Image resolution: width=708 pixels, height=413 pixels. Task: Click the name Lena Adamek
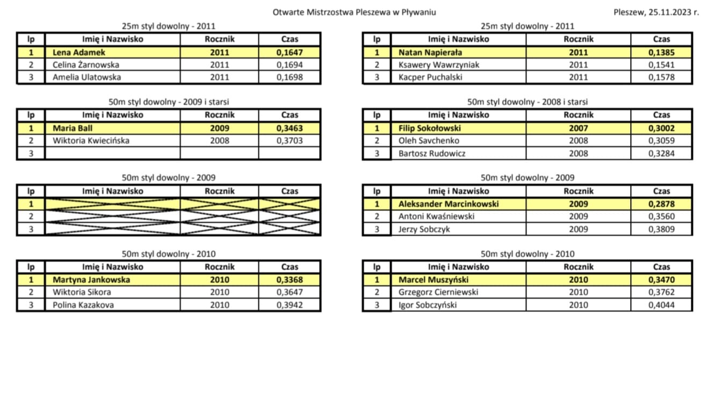coord(78,53)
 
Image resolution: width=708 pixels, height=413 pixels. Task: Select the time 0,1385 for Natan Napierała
coord(661,53)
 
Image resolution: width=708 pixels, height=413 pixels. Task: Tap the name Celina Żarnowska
coord(86,65)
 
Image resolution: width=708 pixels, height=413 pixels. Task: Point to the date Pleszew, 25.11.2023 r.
coord(656,12)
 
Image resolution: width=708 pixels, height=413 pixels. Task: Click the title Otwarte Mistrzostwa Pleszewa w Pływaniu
coord(354,12)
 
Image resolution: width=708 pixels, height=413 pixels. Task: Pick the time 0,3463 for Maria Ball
coord(290,128)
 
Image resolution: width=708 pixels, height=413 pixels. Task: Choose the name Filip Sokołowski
coord(430,128)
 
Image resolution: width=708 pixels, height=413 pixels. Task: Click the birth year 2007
coord(578,128)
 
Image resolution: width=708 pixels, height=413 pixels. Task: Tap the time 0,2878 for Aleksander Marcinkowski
coord(661,204)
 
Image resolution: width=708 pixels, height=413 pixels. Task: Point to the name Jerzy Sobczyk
coord(424,229)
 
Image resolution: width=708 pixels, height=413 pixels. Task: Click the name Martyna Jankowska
coord(91,279)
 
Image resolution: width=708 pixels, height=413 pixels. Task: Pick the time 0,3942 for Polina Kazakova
coord(290,305)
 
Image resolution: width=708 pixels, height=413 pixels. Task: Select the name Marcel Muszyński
coord(434,279)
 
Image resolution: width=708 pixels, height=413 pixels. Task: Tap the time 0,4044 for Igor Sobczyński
coord(661,305)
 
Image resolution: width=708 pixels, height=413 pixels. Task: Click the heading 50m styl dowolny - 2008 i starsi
coord(527,102)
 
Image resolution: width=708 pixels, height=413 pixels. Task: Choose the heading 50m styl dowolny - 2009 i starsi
coord(169,102)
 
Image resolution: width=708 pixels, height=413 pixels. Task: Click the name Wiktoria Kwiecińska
coord(91,141)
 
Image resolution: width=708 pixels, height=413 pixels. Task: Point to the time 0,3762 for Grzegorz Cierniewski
coord(661,292)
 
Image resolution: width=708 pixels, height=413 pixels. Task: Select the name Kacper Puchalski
coord(430,77)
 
